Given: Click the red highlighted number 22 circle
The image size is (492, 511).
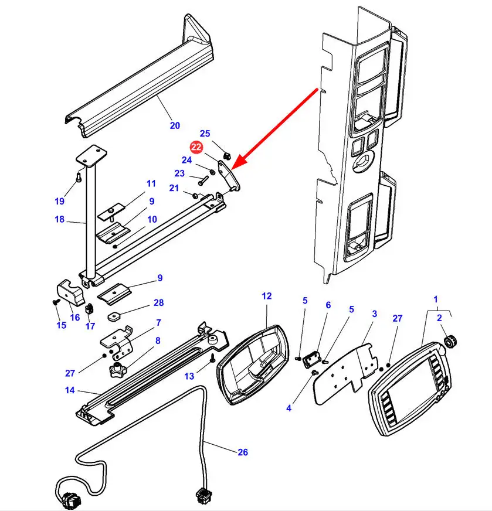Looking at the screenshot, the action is coord(196,147).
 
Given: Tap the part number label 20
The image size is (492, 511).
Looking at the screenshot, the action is coord(175,125).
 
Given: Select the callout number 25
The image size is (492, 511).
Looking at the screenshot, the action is coord(205,133).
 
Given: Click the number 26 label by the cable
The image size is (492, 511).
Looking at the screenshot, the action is coord(243,452).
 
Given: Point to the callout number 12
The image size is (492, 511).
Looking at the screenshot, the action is coord(267,296).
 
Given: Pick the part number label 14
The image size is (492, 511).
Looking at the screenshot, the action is coord(70,390).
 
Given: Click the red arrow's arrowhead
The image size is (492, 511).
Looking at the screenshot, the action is coord(238,162).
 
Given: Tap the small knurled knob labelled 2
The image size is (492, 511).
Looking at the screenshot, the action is coord(450,341).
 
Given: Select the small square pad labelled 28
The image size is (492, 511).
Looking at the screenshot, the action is coord(113,315).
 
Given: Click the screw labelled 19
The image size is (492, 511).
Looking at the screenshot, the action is coord(78,176).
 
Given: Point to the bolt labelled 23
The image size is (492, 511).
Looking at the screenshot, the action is coord(202,179).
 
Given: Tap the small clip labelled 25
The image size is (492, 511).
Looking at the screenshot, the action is coord(228,156).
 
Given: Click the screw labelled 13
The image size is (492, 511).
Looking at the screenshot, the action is coord(212,357).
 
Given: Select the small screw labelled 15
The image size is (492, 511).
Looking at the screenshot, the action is coord(56,302).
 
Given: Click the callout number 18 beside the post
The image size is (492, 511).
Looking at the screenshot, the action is coord(60,219).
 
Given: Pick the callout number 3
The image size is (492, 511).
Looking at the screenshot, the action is coord(375,314).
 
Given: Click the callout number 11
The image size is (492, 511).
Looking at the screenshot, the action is coord(151,183).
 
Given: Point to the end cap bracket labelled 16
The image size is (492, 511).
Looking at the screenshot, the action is coord(71,292).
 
